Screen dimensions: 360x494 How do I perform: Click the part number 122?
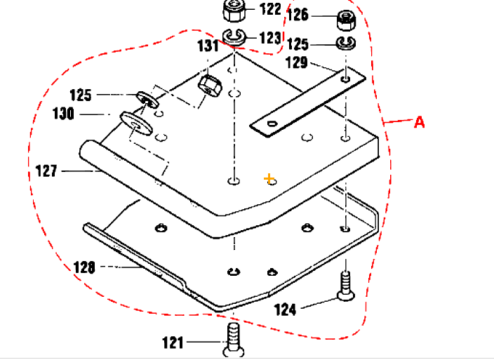[270, 9]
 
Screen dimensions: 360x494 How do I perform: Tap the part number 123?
[270, 37]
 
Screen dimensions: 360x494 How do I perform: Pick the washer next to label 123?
[234, 37]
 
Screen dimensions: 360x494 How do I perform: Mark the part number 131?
[208, 47]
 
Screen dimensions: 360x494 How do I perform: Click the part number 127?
[48, 170]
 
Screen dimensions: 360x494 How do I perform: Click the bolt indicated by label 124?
[345, 286]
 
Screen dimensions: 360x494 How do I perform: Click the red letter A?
[419, 122]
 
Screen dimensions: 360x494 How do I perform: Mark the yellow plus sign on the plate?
[268, 179]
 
